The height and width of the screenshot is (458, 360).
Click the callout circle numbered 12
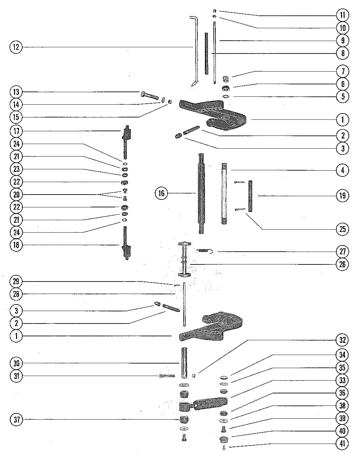(x=16, y=47)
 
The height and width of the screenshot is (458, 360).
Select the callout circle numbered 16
(x=161, y=193)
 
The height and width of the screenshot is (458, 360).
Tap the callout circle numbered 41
(x=343, y=444)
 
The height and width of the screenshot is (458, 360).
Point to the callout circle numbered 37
(x=16, y=419)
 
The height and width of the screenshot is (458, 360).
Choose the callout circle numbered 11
(x=343, y=15)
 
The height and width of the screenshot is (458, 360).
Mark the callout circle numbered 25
(x=343, y=229)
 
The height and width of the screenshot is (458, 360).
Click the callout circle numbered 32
(x=343, y=340)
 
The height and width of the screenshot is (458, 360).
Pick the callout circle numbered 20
(x=16, y=195)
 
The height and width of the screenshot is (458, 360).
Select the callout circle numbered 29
(x=16, y=281)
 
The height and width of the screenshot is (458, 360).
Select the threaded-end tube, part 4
(x=224, y=194)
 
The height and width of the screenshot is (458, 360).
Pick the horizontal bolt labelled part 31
(x=167, y=375)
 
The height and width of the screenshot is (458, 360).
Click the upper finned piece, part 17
(x=127, y=138)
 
